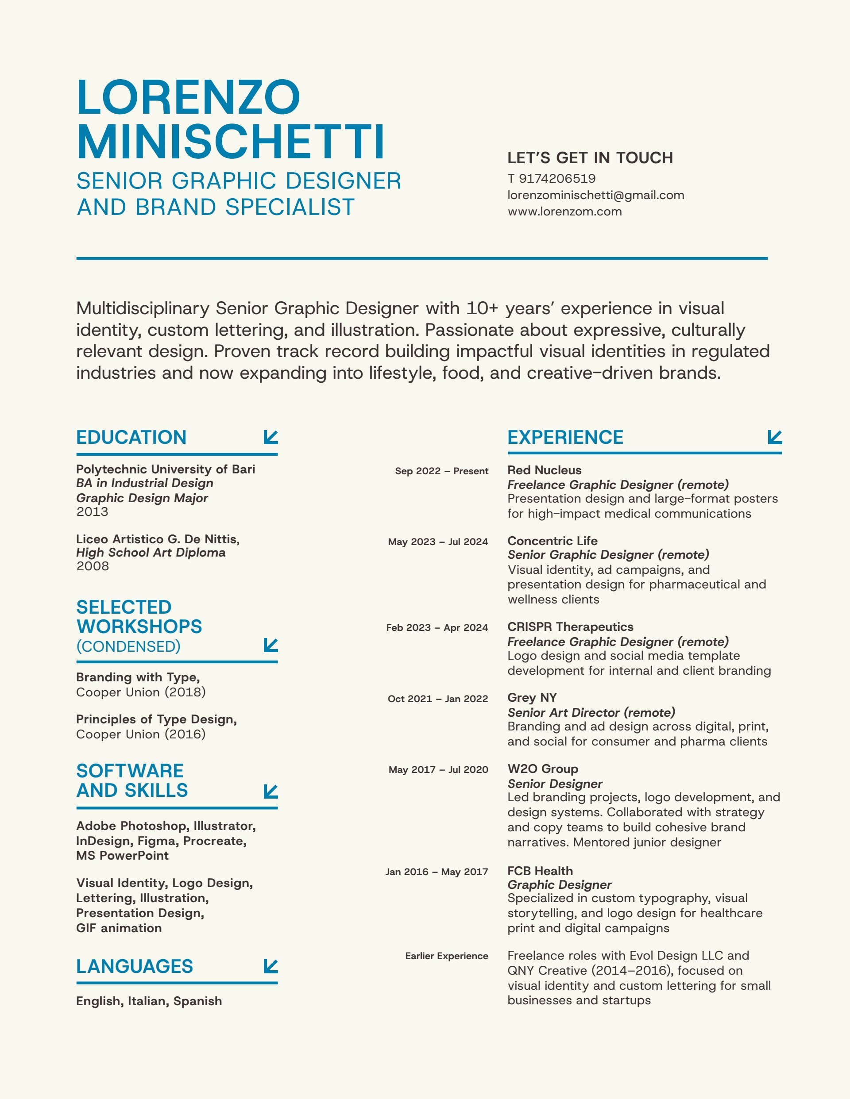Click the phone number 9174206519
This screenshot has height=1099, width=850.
(x=557, y=179)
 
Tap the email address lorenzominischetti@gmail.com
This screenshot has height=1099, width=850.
(x=596, y=195)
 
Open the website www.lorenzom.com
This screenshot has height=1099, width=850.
(x=564, y=212)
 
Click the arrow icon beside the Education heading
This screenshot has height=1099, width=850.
(x=271, y=437)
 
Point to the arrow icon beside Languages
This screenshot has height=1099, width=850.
(x=271, y=966)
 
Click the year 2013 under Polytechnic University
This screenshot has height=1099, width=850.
(x=92, y=512)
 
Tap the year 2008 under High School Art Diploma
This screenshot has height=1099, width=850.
(x=93, y=566)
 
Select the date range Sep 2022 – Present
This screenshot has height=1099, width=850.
(x=442, y=471)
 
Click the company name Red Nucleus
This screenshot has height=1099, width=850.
(x=545, y=470)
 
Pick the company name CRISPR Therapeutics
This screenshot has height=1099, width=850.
(x=571, y=627)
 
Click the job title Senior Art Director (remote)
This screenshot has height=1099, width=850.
(x=591, y=713)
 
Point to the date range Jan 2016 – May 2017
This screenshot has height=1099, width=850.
(x=437, y=872)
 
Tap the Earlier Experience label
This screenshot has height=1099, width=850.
(x=447, y=956)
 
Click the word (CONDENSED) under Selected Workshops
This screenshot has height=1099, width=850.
(x=128, y=647)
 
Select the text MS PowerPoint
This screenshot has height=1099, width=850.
(x=122, y=856)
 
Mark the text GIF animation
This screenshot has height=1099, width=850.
(x=119, y=928)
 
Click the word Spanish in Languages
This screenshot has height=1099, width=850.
(x=197, y=1001)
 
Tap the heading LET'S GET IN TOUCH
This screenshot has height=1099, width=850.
(x=590, y=158)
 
